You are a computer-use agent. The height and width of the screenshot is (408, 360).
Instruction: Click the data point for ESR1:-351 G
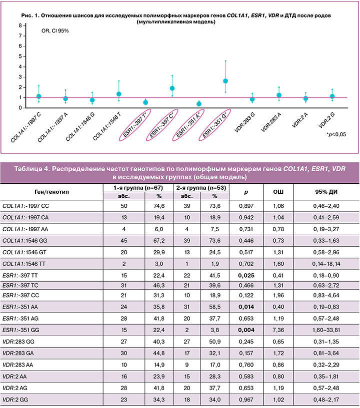pyautogui.click(x=225, y=81)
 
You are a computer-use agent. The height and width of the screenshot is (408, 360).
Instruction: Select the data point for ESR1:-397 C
pyautogui.click(x=172, y=88)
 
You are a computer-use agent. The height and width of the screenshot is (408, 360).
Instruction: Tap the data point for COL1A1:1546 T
pyautogui.click(x=119, y=94)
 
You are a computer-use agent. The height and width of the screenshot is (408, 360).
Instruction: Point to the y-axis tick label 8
pyautogui.click(x=20, y=25)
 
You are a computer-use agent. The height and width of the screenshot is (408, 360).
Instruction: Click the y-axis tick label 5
pyautogui.click(x=20, y=56)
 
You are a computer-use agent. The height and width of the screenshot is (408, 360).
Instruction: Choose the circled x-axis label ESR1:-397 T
pyautogui.click(x=135, y=125)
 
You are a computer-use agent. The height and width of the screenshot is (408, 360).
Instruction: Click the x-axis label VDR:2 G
pyautogui.click(x=326, y=120)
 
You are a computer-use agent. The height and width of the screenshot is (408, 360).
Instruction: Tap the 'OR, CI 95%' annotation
pyautogui.click(x=55, y=30)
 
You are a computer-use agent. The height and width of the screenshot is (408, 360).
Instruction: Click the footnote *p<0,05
pyautogui.click(x=336, y=134)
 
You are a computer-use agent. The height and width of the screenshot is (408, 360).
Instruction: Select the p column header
pyautogui.click(x=246, y=192)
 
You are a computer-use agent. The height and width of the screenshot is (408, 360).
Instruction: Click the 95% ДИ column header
pyautogui.click(x=326, y=192)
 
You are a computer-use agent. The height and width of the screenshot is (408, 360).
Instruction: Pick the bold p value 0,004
pyautogui.click(x=246, y=330)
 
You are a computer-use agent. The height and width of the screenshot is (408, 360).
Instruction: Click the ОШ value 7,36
pyautogui.click(x=278, y=330)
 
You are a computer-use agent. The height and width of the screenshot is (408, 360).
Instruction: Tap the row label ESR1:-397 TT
pyautogui.click(x=20, y=276)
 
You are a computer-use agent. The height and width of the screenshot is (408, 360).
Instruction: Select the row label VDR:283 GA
pyautogui.click(x=18, y=353)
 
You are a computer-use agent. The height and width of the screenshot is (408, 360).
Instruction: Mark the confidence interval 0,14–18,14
pyautogui.click(x=326, y=264)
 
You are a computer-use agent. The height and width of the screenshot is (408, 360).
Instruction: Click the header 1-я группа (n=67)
pyautogui.click(x=138, y=188)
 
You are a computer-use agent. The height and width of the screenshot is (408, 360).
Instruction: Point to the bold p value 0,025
pyautogui.click(x=246, y=276)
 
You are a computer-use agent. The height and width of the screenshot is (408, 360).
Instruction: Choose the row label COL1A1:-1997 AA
pyautogui.click(x=25, y=229)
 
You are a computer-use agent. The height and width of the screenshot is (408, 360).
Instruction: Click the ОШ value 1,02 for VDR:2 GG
pyautogui.click(x=278, y=400)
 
